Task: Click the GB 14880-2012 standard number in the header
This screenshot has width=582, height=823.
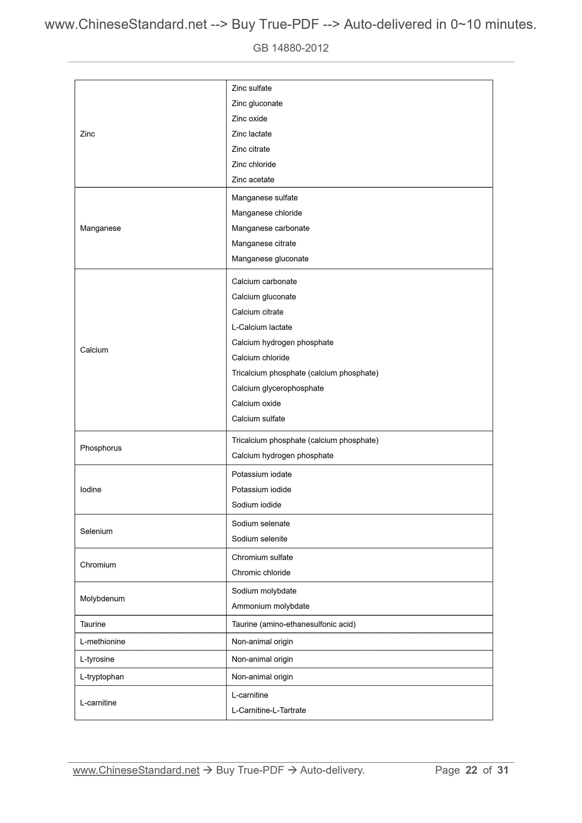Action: tap(291, 48)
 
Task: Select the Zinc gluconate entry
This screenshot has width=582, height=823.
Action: tap(257, 103)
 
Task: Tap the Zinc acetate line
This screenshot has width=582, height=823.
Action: tap(253, 180)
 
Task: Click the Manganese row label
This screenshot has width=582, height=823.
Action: tap(100, 228)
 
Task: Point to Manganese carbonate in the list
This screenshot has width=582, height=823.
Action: tap(271, 228)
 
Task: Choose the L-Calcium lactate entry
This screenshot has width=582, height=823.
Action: tap(262, 327)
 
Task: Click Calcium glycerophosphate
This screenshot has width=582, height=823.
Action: tap(278, 388)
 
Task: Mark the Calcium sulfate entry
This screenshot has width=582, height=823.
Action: tap(258, 419)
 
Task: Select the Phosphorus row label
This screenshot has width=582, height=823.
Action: tap(101, 448)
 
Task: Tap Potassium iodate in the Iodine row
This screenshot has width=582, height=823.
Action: tap(261, 474)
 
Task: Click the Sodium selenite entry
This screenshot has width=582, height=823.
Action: tap(259, 539)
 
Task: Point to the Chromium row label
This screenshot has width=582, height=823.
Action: tap(98, 565)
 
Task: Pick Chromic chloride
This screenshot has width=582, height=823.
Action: tap(261, 573)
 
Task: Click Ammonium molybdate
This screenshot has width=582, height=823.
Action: tap(271, 606)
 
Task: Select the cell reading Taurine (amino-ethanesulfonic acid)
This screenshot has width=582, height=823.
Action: tap(294, 624)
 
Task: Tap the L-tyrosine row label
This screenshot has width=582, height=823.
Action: tap(97, 659)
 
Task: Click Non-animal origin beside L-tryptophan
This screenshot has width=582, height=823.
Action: tap(262, 677)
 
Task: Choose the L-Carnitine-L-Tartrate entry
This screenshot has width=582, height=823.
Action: tap(269, 710)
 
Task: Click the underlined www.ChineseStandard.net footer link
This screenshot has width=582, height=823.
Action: tap(136, 770)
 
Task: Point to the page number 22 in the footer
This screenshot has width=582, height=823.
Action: tap(471, 770)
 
